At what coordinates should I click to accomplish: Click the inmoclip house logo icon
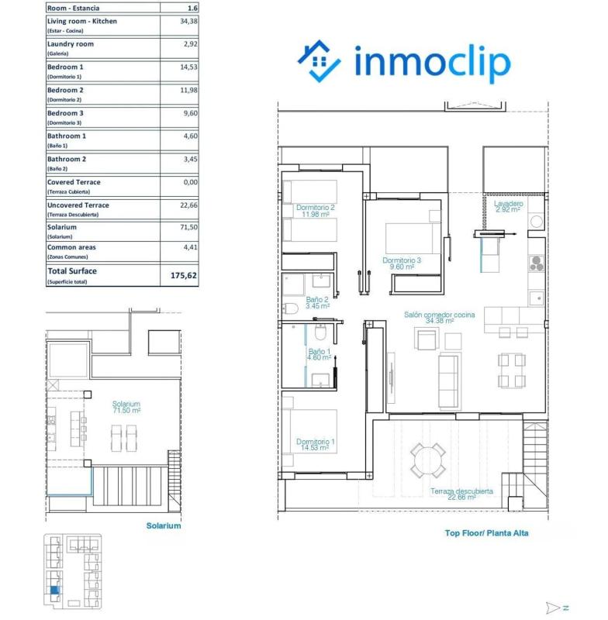click(320, 63)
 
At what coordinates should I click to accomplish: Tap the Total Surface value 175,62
click(183, 275)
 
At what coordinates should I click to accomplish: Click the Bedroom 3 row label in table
click(65, 113)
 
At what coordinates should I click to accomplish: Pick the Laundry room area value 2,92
click(188, 44)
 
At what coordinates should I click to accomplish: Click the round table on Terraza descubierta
click(428, 460)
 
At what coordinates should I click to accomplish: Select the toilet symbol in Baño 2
click(292, 309)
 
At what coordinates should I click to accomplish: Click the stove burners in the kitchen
click(536, 263)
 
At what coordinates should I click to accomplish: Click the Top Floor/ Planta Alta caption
click(486, 533)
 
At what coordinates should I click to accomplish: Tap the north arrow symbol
click(554, 608)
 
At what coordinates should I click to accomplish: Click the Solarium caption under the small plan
click(163, 525)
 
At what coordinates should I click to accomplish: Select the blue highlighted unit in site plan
click(54, 591)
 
